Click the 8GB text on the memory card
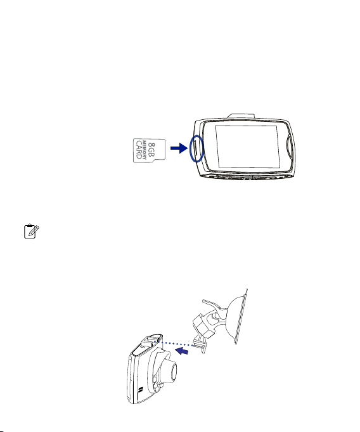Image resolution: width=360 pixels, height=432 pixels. [x=151, y=150]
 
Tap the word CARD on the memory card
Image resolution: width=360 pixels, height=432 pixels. [x=139, y=150]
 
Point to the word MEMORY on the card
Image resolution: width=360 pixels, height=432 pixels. [x=145, y=150]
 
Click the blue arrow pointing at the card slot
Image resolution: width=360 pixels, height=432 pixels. [x=179, y=148]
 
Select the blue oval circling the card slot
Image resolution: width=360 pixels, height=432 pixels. [x=196, y=148]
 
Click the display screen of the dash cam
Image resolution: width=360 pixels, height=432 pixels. [x=248, y=147]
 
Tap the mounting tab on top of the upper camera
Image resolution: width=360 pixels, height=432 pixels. [x=241, y=116]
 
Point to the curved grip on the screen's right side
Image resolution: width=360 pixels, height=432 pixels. [x=290, y=146]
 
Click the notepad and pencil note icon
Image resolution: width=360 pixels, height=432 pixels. [x=32, y=232]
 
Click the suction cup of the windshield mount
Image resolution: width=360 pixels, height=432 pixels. [x=236, y=317]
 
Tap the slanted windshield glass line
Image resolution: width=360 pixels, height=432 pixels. [x=241, y=316]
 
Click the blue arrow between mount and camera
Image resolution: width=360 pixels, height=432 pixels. [x=182, y=351]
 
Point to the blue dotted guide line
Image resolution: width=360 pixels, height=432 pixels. [x=176, y=344]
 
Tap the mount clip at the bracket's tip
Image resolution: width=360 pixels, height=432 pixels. [x=200, y=346]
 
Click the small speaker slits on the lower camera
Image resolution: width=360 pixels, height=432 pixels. [x=141, y=390]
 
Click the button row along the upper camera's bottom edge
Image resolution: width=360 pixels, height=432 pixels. [x=247, y=177]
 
